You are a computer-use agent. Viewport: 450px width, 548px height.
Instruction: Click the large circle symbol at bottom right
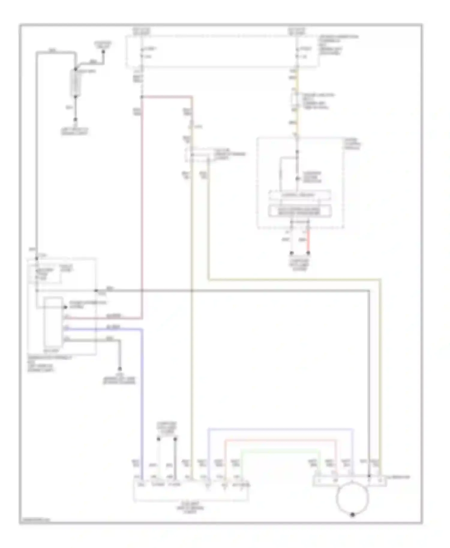point(352,498)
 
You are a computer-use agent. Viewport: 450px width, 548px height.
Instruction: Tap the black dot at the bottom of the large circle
point(352,514)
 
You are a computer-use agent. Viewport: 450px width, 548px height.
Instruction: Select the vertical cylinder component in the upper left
point(75,83)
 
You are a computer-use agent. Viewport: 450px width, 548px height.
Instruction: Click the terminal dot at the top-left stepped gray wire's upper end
point(103,52)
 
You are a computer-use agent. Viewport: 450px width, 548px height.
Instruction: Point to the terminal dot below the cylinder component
point(76,119)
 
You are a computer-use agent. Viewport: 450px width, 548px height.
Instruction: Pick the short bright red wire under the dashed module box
point(308,241)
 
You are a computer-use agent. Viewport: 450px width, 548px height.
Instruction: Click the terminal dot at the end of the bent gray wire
point(120,368)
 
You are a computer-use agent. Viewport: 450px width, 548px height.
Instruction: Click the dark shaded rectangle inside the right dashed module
point(300,211)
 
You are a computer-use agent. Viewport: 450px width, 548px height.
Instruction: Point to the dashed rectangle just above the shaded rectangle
point(300,195)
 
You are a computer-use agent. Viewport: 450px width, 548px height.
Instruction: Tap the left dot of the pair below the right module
point(291,253)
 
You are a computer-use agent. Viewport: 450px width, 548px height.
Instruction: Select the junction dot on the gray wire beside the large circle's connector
point(369,476)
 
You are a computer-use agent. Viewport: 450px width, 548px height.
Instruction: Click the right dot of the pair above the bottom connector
point(175,439)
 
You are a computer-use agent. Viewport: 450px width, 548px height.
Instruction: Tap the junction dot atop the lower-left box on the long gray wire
point(37,258)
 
